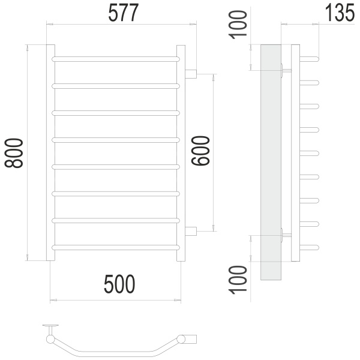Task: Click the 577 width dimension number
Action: (122, 13)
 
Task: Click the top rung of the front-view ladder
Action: (116, 59)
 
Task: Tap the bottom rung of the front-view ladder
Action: (116, 247)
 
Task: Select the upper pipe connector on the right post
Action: (191, 74)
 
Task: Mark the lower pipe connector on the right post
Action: (191, 231)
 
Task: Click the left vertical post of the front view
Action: (51, 153)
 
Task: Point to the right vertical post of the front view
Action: (181, 153)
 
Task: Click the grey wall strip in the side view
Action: (271, 162)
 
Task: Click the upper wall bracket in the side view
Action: (284, 71)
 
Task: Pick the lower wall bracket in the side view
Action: (284, 235)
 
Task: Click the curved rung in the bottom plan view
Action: (114, 350)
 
